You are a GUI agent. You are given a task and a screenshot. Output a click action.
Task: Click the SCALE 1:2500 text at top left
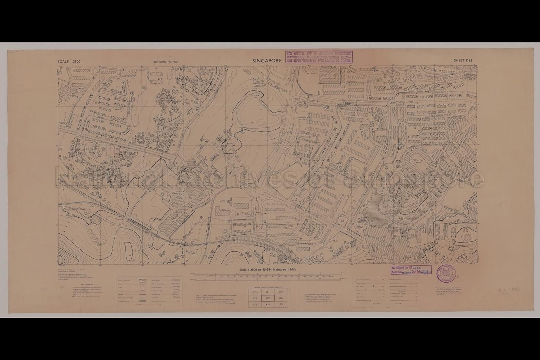coord(69,62)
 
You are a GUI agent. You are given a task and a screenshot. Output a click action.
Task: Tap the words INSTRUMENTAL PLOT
coord(166,62)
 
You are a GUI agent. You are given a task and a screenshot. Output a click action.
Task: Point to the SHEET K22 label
coord(463,60)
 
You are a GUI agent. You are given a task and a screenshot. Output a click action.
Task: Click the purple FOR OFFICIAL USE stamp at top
coord(319,57)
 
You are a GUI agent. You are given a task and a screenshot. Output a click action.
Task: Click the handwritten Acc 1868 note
coord(509,290)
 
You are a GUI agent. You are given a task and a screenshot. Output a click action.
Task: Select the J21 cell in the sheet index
coord(255,292)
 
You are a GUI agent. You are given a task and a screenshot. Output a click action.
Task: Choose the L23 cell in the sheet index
coord(280,304)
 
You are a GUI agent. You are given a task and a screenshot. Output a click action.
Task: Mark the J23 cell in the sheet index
coord(255,304)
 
